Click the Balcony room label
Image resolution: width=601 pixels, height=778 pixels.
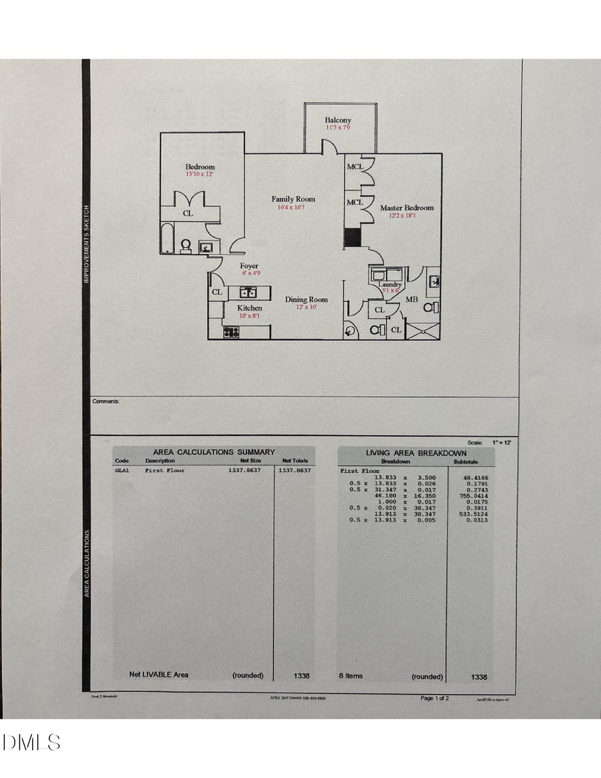coord(339,120)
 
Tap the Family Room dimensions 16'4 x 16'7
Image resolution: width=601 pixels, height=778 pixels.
coord(292,208)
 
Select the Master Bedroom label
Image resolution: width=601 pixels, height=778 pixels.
coord(407,208)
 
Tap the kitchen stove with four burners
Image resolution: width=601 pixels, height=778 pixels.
coord(232,331)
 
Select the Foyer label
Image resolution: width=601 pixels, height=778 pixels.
coord(249,266)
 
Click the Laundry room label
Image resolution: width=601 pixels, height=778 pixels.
coord(389,284)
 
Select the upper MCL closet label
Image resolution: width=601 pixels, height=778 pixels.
coord(355,167)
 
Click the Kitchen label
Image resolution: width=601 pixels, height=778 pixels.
coord(250,308)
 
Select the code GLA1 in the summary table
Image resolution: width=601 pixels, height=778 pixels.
coord(122,470)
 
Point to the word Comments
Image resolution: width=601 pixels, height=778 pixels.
coord(106,401)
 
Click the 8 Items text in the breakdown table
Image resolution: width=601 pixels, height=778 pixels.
coord(351,676)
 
